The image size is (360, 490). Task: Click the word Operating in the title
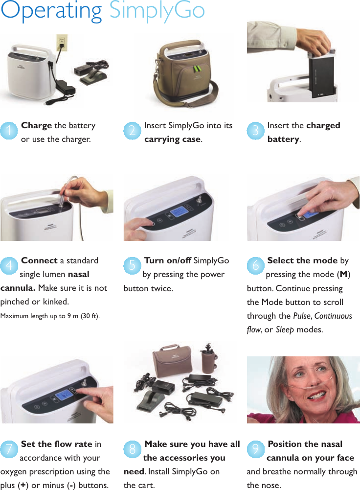coord(51,12)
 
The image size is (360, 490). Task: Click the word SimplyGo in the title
coord(157,12)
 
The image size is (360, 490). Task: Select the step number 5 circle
coord(132,266)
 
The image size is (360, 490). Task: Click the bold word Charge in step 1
coord(36,125)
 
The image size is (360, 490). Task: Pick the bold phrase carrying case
coord(172,139)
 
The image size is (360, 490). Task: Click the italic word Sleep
coord(285,329)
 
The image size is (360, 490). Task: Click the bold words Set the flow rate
coord(56,444)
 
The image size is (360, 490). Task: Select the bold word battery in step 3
coord(283,139)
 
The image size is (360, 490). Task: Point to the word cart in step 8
coord(146,485)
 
